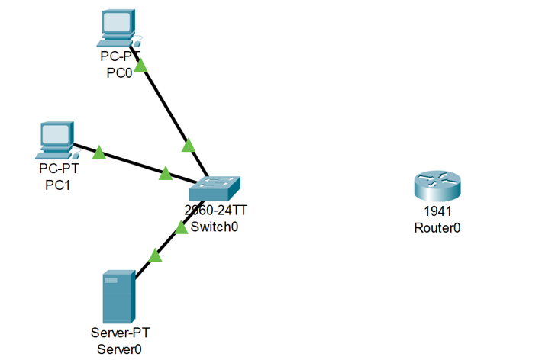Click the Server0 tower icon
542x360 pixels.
click(119, 295)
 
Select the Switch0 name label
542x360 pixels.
click(215, 227)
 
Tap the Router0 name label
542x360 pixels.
click(437, 227)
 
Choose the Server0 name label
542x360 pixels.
click(120, 349)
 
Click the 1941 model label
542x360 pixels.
click(437, 211)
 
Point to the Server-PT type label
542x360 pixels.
click(120, 333)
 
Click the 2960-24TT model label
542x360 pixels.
click(215, 211)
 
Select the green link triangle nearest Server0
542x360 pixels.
click(156, 256)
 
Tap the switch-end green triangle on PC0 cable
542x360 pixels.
click(188, 145)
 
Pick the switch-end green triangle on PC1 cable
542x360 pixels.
click(165, 174)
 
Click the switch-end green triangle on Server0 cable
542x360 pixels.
click(181, 227)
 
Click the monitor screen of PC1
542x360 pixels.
click(57, 135)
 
